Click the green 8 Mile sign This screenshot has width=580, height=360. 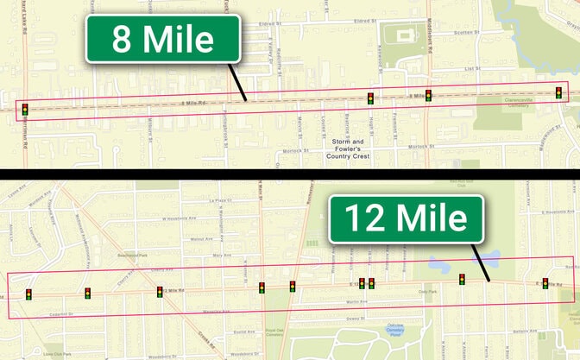(x=162, y=39)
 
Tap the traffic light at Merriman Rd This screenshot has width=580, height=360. (x=25, y=110)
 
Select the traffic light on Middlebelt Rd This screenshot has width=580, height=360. (x=428, y=95)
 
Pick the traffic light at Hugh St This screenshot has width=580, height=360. (x=370, y=98)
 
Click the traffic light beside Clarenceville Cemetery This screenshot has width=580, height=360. (x=559, y=92)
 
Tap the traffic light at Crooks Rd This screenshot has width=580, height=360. (x=160, y=292)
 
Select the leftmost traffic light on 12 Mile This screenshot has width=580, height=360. (x=29, y=294)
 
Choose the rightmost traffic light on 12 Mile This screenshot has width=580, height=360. (x=545, y=283)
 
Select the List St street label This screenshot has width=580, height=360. (x=471, y=67)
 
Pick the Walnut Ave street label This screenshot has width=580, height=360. (x=201, y=239)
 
